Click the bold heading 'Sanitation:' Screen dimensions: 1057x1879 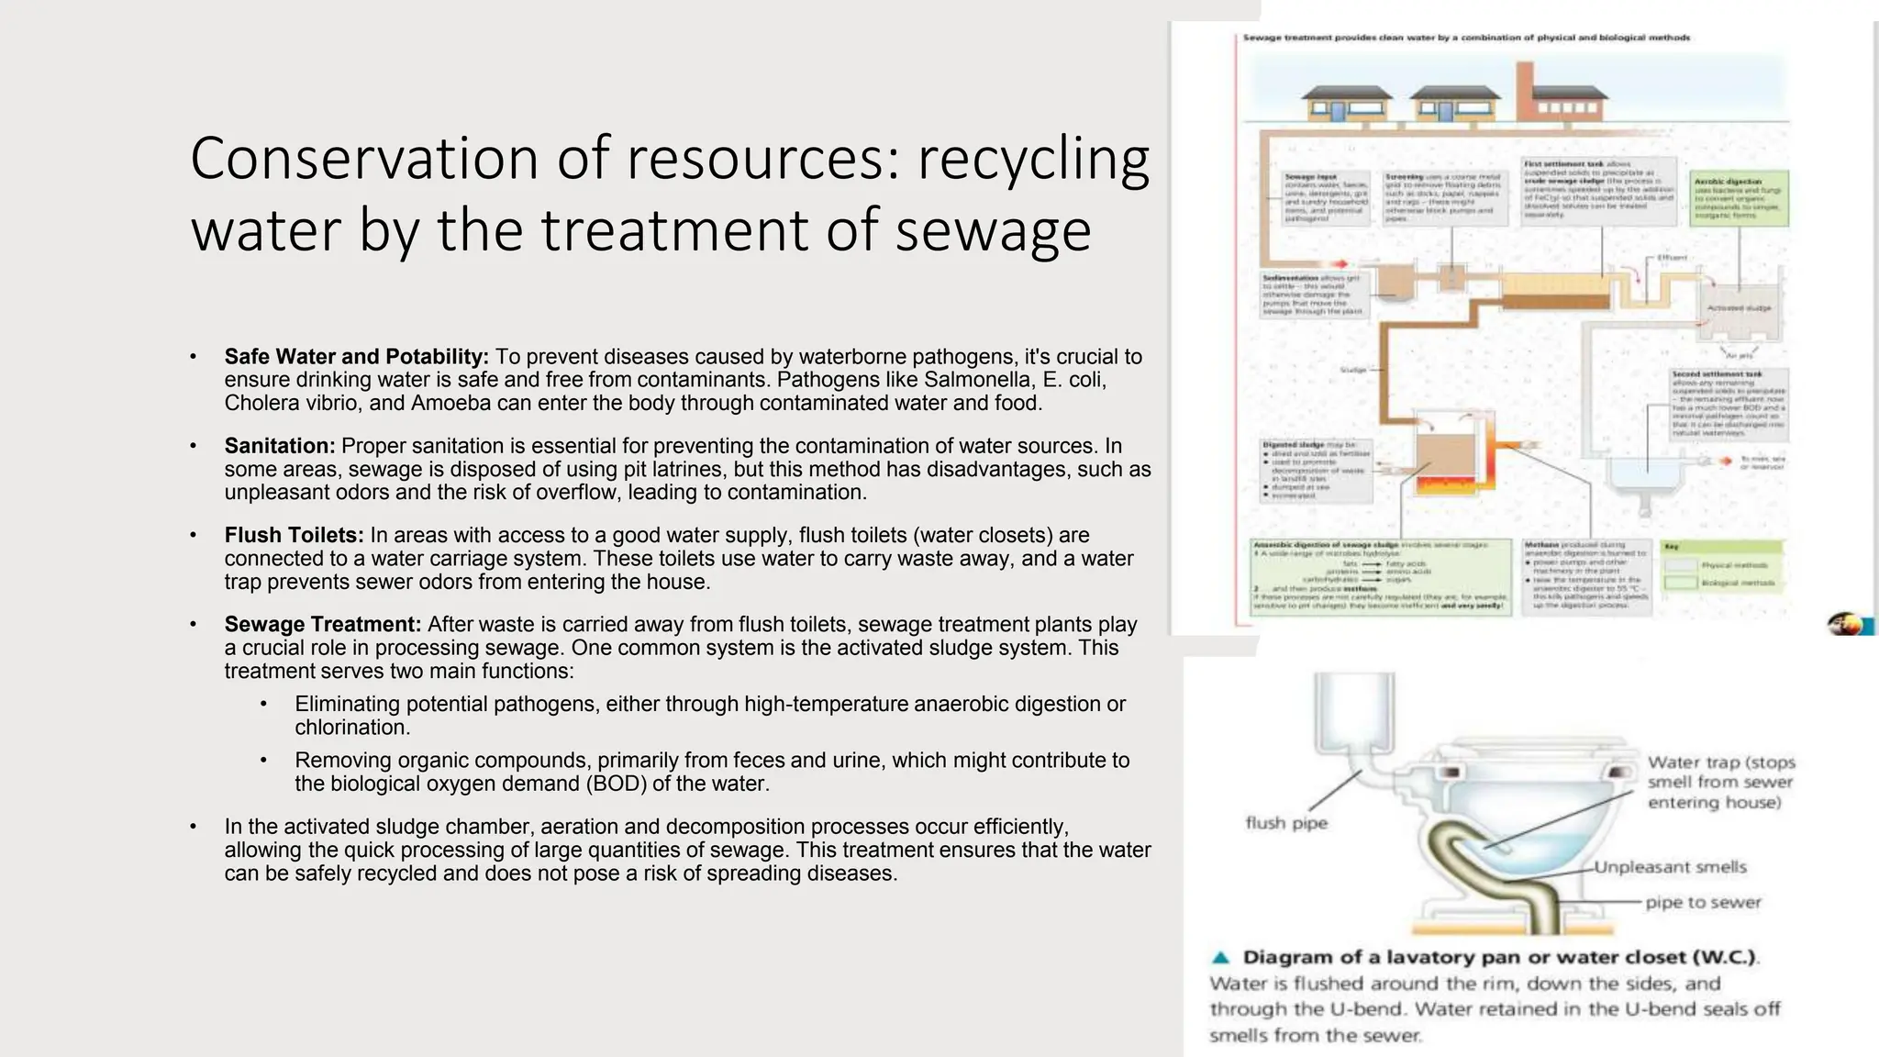click(x=280, y=446)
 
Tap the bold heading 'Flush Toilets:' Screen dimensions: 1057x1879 click(x=294, y=535)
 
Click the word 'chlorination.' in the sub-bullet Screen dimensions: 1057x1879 click(x=352, y=727)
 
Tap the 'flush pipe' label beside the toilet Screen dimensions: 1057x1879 click(x=1286, y=823)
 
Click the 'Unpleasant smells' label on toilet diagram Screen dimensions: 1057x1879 click(x=1670, y=867)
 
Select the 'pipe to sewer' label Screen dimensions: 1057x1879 click(x=1703, y=902)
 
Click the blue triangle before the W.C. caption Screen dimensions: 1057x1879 click(x=1220, y=958)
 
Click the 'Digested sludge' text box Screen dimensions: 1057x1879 click(x=1317, y=470)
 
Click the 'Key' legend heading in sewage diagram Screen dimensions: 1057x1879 click(x=1672, y=547)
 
